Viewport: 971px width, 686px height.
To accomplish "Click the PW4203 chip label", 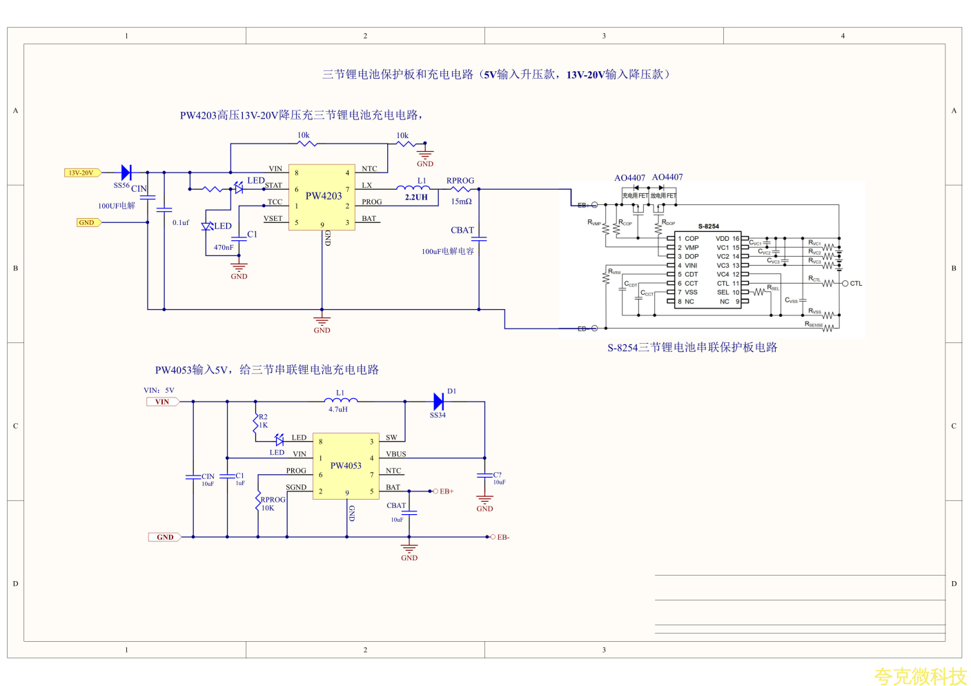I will tap(324, 196).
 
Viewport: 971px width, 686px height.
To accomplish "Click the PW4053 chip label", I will tap(346, 466).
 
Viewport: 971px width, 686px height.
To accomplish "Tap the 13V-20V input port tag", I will tap(82, 173).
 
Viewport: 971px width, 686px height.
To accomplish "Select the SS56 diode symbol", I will tap(126, 173).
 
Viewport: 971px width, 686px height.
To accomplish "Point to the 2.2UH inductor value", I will tap(416, 197).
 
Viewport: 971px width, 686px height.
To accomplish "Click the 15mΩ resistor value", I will tap(461, 202).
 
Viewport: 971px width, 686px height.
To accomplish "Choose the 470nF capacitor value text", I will tap(224, 247).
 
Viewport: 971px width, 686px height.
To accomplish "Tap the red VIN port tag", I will tap(162, 402).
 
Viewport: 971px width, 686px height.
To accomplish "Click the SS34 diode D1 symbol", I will tap(438, 402).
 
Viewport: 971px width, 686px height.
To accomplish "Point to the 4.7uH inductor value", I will tap(338, 409).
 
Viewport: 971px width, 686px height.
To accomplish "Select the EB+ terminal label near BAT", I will tap(447, 491).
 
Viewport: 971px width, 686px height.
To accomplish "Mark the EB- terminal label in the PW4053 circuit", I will tap(503, 537).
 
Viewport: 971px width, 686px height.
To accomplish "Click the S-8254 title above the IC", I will tap(708, 226).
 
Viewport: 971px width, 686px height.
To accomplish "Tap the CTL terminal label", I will tap(856, 284).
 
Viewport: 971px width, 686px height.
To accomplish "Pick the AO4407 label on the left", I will tap(629, 178).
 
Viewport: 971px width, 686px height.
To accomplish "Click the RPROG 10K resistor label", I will tap(272, 504).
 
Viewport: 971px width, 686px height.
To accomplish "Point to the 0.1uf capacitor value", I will tap(181, 223).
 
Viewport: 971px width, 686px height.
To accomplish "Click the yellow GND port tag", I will tap(88, 222).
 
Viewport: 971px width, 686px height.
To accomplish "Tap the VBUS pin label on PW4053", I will tap(396, 454).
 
